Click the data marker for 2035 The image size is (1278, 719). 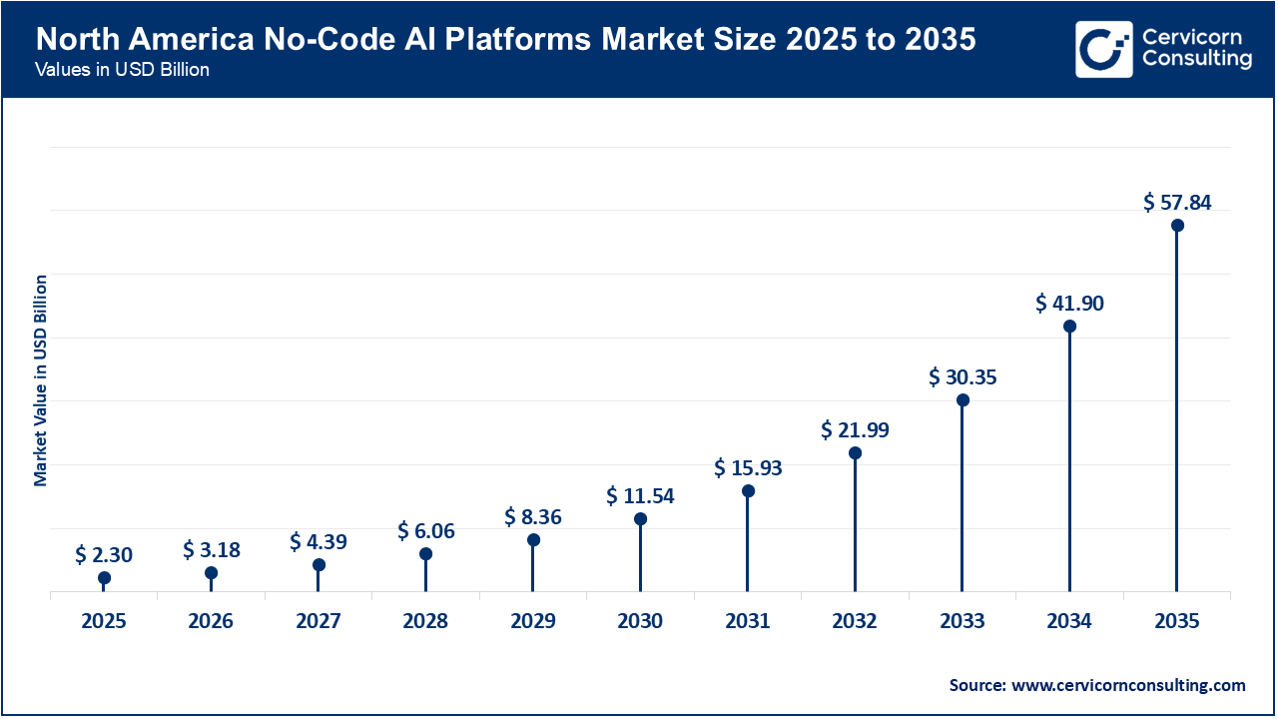coord(1177,226)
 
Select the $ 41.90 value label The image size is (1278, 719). coord(1069,303)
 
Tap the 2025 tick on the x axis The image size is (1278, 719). coord(104,621)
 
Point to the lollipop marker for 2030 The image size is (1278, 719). coord(640,519)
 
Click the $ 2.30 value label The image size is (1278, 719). coord(104,554)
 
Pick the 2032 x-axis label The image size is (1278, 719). coord(855,621)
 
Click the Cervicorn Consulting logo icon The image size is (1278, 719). coord(1103,49)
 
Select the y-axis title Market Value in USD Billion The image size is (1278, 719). coord(41,379)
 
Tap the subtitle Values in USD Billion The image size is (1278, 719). coord(122,71)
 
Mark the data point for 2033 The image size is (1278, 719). coord(962,400)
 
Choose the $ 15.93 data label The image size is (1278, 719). coord(748,467)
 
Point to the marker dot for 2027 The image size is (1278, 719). coord(319,565)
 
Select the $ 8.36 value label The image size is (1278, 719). coord(533,516)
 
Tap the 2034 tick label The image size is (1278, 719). coord(1069,621)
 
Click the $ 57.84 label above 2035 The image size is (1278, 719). coord(1177,203)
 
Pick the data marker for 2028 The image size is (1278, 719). coord(425,554)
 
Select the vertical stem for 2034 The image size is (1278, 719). coord(1069,459)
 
